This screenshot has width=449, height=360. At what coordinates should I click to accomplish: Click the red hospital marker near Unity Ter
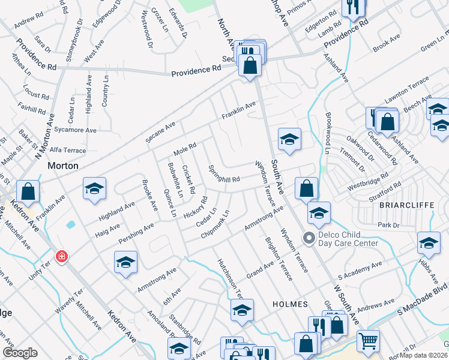pos(61,257)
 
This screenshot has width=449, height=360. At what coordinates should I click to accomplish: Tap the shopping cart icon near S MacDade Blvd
pos(368,340)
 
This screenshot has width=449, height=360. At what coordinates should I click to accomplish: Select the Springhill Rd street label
pos(224,174)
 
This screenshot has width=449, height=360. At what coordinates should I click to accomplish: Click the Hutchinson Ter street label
pos(229,278)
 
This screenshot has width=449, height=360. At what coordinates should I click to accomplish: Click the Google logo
pos(20,353)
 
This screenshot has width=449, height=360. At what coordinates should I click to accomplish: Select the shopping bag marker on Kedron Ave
pos(28,192)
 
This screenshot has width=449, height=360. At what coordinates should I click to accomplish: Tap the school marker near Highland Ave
pos(94,188)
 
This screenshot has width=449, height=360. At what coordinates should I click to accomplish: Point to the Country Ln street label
pos(105,92)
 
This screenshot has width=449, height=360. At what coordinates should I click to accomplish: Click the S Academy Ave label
pos(360,271)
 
